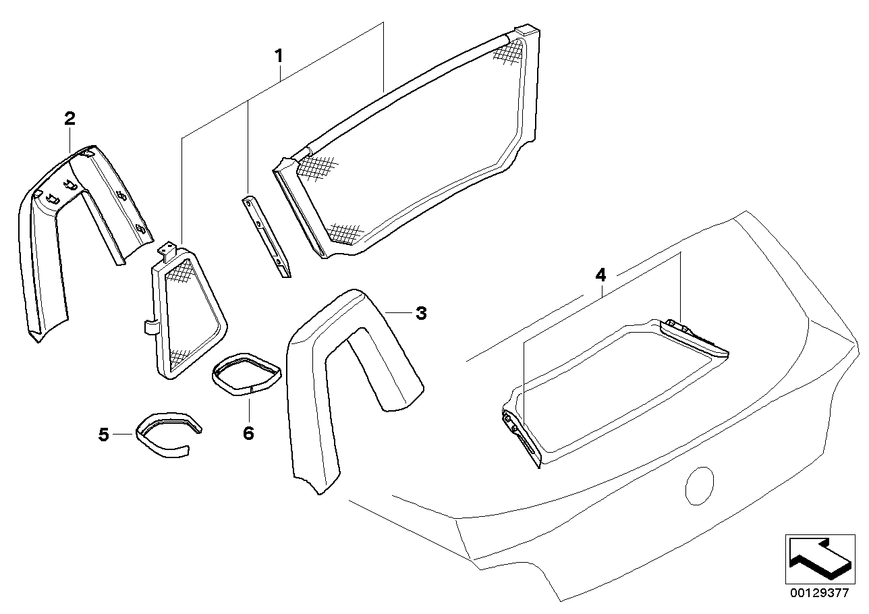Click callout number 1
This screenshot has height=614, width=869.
point(278,57)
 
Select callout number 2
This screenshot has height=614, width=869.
point(69,119)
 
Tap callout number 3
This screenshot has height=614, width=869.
point(420,313)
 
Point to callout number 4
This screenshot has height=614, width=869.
point(600,275)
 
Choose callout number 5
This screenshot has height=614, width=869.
point(103,435)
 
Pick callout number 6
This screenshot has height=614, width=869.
point(248,433)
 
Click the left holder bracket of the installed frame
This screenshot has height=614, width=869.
point(520,439)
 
